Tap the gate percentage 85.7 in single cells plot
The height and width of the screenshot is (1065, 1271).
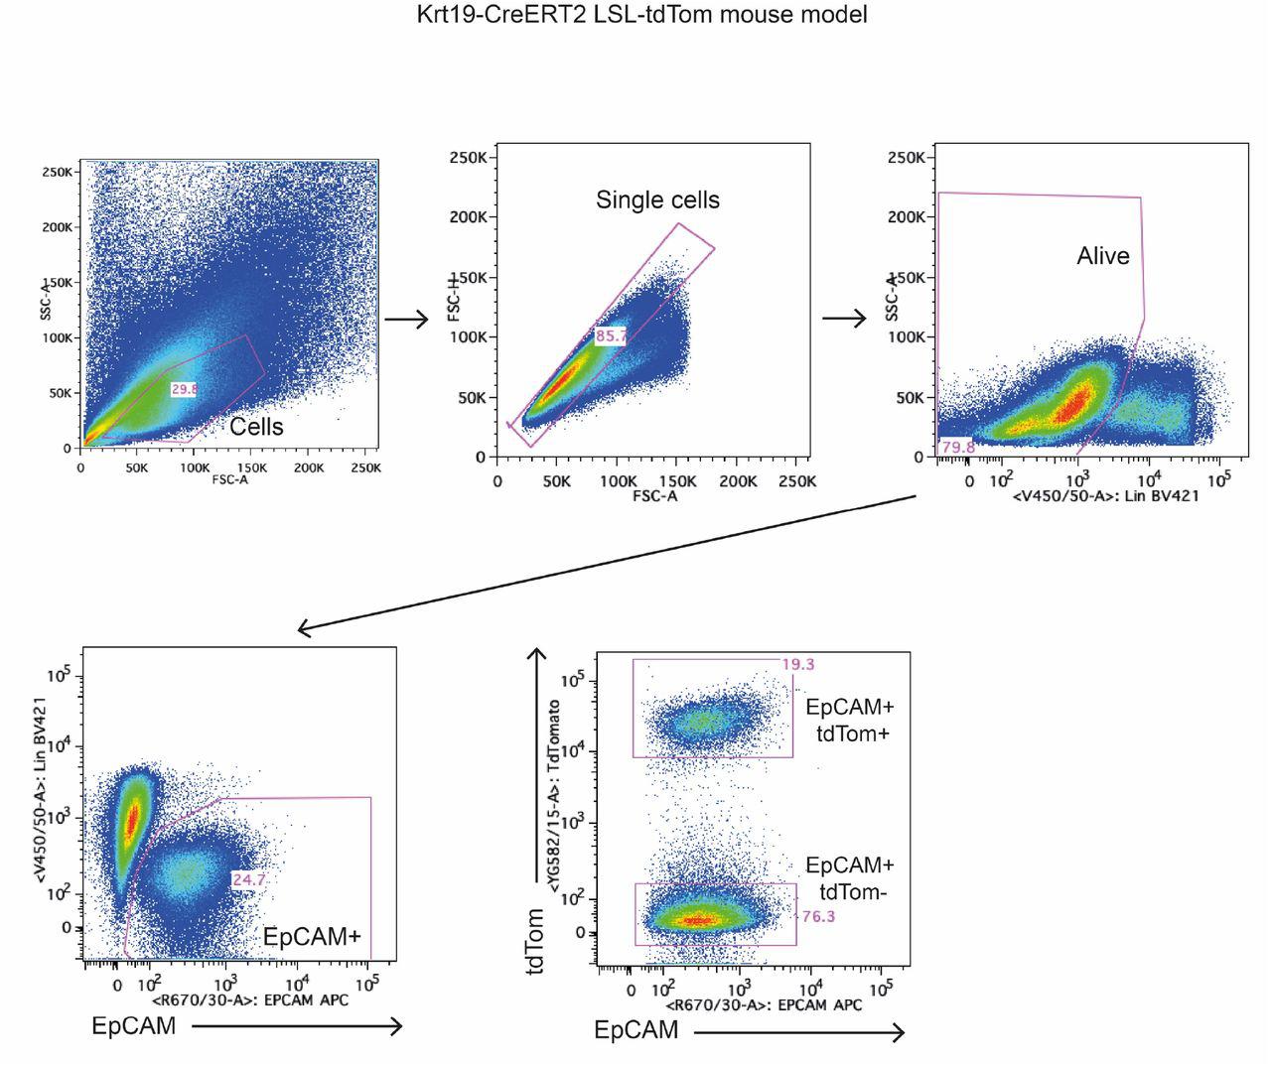[612, 336]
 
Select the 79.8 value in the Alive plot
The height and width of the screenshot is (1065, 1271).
[957, 448]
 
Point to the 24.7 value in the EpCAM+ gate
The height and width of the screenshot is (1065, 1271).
[248, 879]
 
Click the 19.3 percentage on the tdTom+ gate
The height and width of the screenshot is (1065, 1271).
[797, 664]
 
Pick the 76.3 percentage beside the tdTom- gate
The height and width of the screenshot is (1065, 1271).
[817, 917]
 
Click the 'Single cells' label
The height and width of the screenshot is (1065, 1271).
[657, 200]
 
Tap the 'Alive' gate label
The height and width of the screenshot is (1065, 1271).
[1102, 256]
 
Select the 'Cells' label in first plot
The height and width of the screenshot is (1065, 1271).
[256, 427]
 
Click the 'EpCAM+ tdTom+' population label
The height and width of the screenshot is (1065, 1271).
[849, 721]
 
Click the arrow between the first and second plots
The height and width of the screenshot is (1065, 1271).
[405, 319]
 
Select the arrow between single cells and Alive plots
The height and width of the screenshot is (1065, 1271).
[844, 318]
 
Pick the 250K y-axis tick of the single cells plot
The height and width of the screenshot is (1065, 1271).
[467, 158]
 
